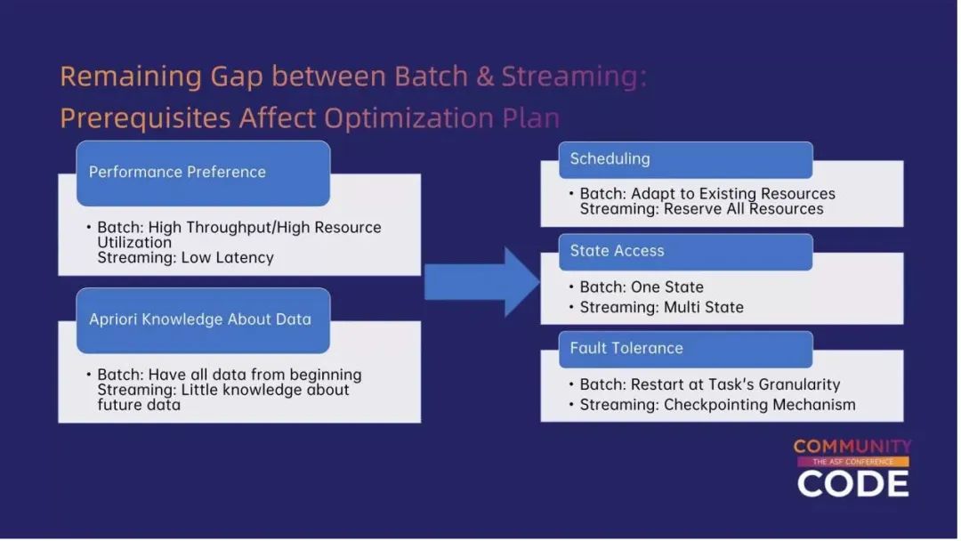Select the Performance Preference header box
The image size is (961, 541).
click(x=203, y=173)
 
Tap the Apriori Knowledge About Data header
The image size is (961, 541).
click(x=203, y=319)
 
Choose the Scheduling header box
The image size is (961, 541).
click(x=685, y=159)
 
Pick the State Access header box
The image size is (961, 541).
click(x=685, y=252)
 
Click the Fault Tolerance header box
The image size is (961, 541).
click(x=685, y=348)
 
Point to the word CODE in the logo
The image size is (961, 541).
click(x=852, y=483)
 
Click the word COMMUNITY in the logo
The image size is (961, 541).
click(x=852, y=447)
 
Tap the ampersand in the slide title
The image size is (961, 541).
click(x=484, y=77)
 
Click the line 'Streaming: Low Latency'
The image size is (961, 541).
click(x=185, y=258)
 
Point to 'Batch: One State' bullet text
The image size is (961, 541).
click(x=642, y=287)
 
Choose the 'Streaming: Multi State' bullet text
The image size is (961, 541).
click(x=661, y=307)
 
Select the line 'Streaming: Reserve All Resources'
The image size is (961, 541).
click(x=701, y=209)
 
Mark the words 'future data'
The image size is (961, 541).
click(x=139, y=405)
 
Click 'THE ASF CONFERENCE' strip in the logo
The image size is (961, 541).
click(x=852, y=463)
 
